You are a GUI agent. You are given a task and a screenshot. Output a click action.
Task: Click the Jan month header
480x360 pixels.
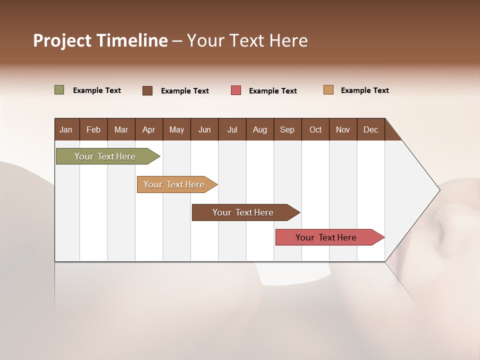(66, 129)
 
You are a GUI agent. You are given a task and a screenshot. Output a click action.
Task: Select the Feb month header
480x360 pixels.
(93, 129)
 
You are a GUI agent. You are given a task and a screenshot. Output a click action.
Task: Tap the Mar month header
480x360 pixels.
(121, 129)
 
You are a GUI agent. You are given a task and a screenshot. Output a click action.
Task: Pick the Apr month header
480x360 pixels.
(149, 129)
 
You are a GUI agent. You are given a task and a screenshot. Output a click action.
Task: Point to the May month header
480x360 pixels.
(176, 129)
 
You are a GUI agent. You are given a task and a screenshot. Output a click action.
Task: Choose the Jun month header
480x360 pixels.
(204, 129)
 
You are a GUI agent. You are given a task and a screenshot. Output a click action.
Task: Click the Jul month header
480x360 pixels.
(232, 129)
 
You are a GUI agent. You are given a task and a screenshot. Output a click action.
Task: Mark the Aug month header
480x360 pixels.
(260, 129)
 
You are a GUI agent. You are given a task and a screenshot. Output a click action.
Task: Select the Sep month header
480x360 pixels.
(287, 129)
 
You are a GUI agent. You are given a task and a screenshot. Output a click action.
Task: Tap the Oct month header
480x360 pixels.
(315, 129)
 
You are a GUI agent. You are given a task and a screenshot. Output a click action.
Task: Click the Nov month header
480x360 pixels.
(343, 129)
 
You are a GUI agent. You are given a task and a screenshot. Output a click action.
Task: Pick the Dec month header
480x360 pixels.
(371, 129)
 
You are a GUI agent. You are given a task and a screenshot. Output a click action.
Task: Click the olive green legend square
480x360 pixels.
(59, 90)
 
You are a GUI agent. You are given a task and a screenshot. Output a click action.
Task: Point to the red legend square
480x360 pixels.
(236, 90)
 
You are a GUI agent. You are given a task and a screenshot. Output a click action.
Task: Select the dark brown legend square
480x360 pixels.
(147, 90)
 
